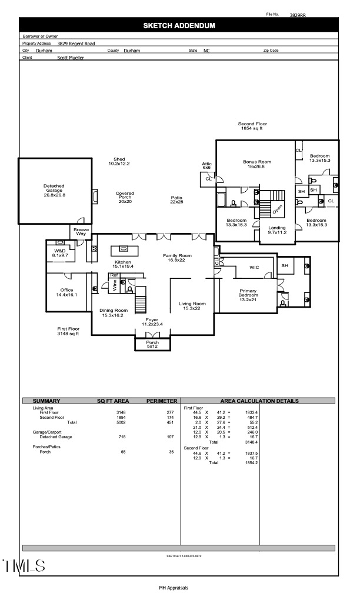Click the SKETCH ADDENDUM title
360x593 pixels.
(x=179, y=25)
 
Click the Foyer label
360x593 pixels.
(x=152, y=321)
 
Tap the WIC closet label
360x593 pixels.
(x=254, y=267)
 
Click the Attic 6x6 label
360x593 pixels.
(x=206, y=165)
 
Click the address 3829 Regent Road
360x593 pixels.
(x=76, y=44)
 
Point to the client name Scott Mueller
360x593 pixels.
(x=71, y=58)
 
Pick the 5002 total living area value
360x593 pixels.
(x=121, y=422)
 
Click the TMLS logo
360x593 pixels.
(x=24, y=566)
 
